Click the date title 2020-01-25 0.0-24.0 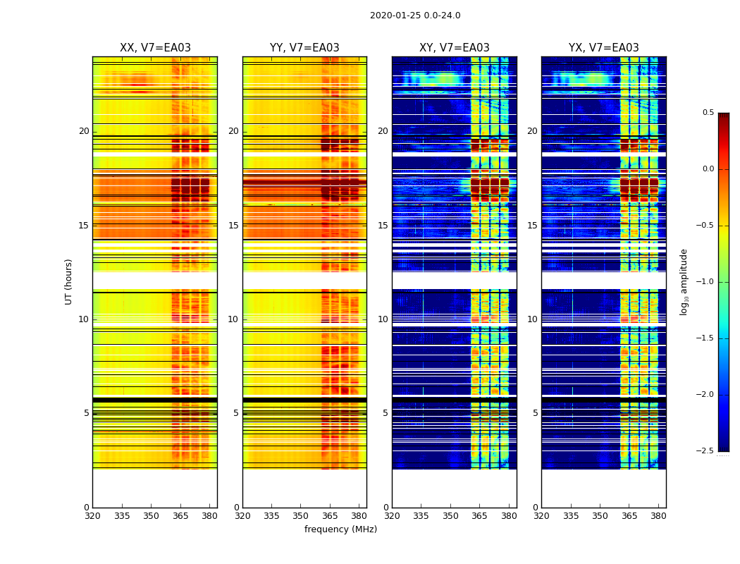point(415,16)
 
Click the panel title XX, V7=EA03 point(155,48)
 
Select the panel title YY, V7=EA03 point(304,48)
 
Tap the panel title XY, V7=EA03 point(455,48)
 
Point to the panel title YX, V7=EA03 point(604,48)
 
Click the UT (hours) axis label point(69,281)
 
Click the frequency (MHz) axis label point(340,529)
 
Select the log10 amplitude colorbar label point(684,281)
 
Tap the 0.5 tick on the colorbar point(708,113)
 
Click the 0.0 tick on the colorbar point(708,169)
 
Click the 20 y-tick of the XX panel point(84,131)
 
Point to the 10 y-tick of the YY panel point(233,319)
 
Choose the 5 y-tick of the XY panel point(386,413)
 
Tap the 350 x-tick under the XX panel point(152,516)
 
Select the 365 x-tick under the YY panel point(331,516)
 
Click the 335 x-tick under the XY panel point(421,516)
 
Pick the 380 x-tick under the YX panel point(658,516)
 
